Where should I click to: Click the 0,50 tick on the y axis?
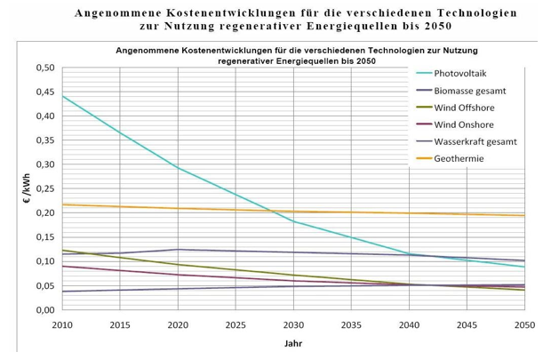pos(44,68)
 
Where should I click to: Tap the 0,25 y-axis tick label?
pos(44,189)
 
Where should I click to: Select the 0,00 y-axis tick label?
pos(44,310)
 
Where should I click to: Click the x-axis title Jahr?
pos(292,343)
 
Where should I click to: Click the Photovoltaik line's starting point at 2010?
pos(62,96)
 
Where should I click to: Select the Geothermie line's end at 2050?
pos(524,215)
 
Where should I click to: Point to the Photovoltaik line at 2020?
pos(178,168)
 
